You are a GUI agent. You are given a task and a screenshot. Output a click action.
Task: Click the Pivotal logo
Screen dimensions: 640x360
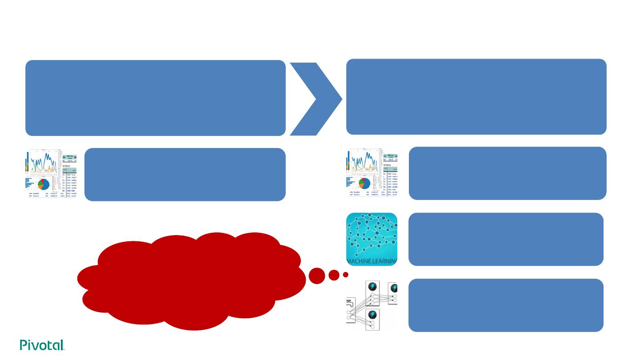[x=42, y=345]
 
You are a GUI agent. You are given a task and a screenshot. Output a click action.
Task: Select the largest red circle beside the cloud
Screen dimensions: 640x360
[x=317, y=276]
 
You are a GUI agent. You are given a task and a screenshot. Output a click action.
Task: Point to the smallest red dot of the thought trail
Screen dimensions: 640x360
[x=345, y=275]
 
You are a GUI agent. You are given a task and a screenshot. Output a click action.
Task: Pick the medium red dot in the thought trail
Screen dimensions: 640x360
[x=334, y=275]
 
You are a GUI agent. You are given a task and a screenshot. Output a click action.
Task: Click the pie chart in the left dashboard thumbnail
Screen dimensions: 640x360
[x=43, y=184]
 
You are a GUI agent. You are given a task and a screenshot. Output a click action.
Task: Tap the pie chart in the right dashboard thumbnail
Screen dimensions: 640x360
[x=364, y=184]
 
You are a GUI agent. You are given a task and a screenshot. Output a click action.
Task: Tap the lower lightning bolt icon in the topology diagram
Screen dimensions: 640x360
[x=372, y=315]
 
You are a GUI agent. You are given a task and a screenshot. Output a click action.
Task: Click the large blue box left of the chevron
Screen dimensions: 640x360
[x=155, y=98]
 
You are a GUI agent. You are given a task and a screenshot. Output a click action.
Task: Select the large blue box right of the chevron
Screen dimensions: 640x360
[x=476, y=96]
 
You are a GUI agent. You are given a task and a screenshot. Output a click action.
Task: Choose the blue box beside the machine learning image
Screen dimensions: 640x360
[x=506, y=239]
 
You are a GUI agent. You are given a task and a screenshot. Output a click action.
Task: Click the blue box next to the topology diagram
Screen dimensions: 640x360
[x=506, y=305]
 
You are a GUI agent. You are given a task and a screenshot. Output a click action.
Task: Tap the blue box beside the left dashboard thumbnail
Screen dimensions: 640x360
[x=185, y=174]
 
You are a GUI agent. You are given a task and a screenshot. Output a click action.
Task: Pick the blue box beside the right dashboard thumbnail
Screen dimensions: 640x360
[x=508, y=173]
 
